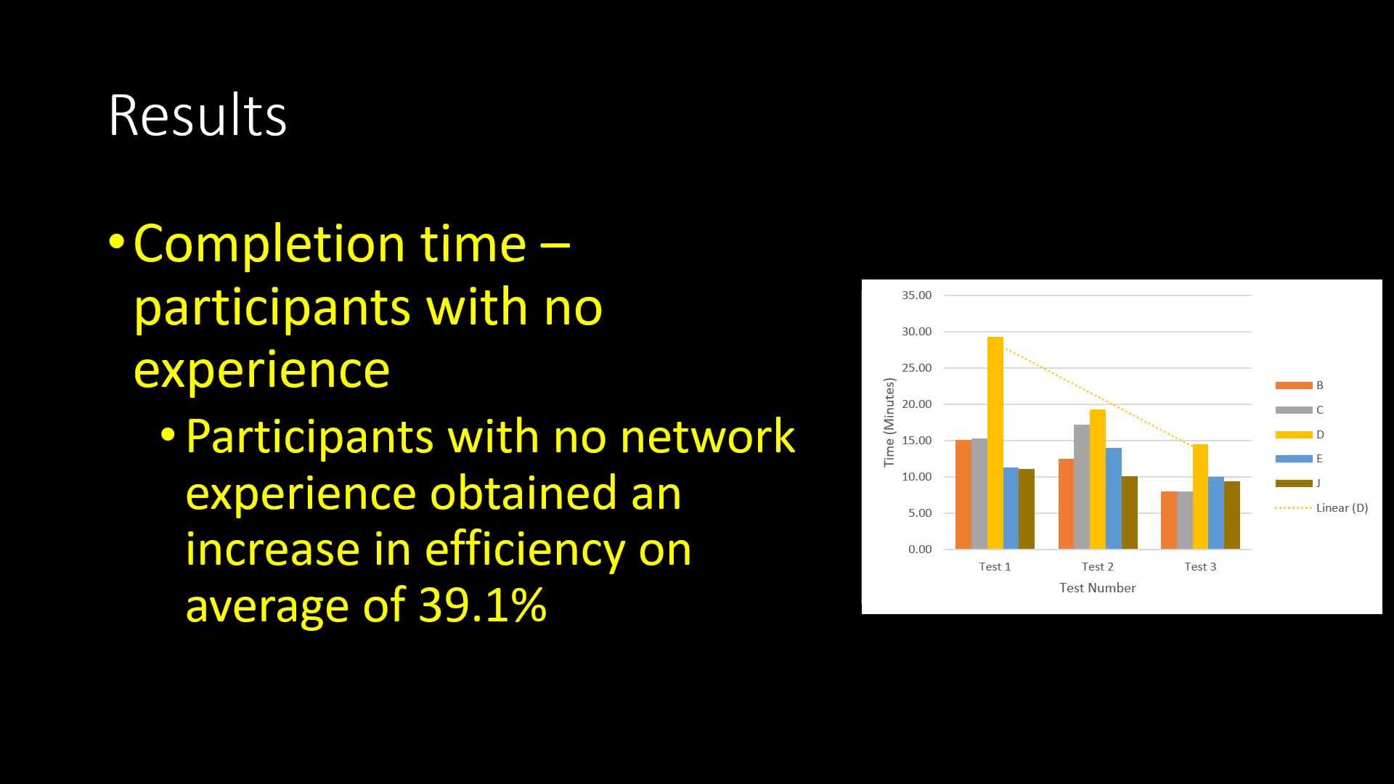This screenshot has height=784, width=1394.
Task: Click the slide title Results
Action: [197, 115]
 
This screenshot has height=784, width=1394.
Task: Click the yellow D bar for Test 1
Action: [995, 443]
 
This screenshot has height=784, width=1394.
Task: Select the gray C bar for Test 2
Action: [1082, 486]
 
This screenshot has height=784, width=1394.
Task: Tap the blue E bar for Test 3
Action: [1216, 513]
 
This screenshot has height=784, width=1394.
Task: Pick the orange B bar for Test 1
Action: [963, 494]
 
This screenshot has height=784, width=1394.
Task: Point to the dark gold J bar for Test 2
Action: [1130, 513]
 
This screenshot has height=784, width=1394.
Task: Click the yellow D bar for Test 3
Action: [1200, 497]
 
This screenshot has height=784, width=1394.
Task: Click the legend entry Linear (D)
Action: [1321, 508]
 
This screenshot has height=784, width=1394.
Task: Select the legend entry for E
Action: [1299, 459]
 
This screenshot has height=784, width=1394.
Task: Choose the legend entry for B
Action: [1300, 385]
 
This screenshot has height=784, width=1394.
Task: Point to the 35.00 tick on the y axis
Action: [916, 295]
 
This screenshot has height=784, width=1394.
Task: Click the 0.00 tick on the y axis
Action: [920, 550]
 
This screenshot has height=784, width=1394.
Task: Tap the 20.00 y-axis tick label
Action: [916, 404]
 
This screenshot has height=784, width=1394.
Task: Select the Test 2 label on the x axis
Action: [1097, 567]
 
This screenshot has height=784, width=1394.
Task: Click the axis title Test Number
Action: [1097, 588]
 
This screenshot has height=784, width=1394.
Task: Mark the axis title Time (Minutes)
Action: [889, 422]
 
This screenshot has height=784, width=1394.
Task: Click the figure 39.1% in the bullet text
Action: [483, 604]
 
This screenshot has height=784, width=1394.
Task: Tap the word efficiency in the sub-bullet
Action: [524, 549]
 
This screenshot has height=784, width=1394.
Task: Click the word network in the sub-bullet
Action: [708, 437]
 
